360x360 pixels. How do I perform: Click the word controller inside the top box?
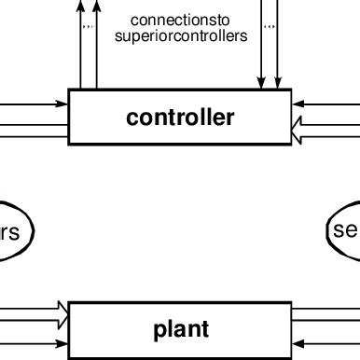click(180, 118)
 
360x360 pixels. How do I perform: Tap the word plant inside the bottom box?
click(181, 329)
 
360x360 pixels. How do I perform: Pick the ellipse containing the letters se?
click(345, 230)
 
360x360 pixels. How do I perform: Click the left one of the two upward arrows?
click(80, 47)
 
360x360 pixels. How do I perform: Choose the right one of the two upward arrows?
click(96, 47)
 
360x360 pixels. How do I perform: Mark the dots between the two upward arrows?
click(89, 27)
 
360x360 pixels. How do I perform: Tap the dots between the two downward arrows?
click(270, 27)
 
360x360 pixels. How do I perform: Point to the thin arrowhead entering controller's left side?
click(62, 105)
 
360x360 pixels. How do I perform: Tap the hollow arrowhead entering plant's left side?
click(62, 311)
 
